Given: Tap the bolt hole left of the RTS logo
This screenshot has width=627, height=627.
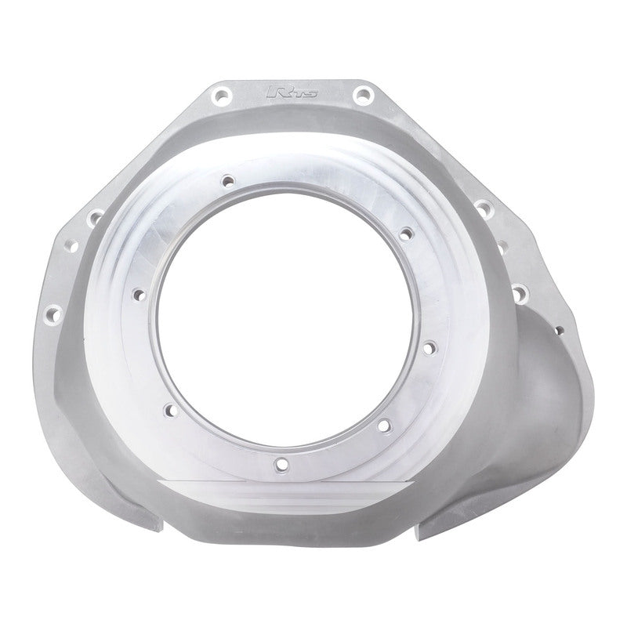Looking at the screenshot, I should (x=219, y=96).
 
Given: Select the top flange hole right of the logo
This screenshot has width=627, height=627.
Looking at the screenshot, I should (x=361, y=95).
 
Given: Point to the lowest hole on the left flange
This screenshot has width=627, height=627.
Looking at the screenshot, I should (x=53, y=313).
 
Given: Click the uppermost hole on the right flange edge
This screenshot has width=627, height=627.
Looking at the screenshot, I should (x=484, y=207).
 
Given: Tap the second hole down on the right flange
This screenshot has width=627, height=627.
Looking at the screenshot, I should (x=502, y=248).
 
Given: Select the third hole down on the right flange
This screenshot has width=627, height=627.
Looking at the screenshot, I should (x=519, y=294).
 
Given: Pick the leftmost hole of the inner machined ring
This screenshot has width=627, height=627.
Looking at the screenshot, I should (x=140, y=294).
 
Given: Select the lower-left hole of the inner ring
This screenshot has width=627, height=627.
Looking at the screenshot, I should (x=168, y=408).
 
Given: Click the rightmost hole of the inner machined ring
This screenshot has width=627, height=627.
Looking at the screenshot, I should (x=429, y=344).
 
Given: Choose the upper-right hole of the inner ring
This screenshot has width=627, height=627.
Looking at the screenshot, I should (x=405, y=233).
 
